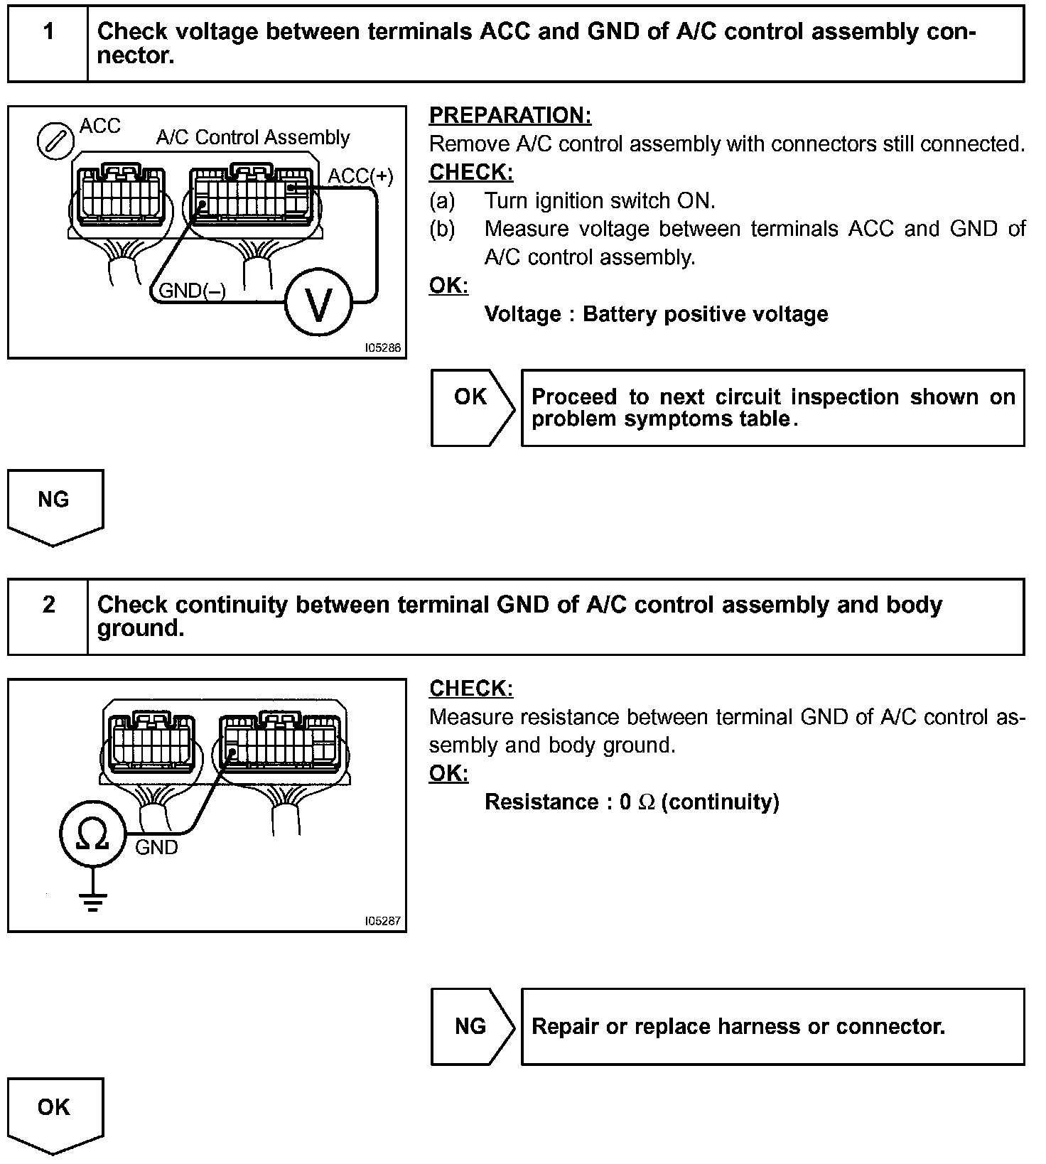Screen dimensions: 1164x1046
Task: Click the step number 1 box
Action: [x=48, y=44]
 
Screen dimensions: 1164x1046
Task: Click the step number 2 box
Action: [x=48, y=616]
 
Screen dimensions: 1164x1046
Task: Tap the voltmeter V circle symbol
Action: [x=318, y=304]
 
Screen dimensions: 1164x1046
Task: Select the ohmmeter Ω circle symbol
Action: [x=92, y=834]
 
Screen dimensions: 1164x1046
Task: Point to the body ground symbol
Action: [x=92, y=900]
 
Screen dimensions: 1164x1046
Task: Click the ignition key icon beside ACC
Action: [x=55, y=141]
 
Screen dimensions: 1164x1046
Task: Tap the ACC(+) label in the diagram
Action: [x=360, y=176]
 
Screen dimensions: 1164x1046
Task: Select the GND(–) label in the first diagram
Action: [x=192, y=290]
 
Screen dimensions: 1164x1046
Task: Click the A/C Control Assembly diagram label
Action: [x=253, y=137]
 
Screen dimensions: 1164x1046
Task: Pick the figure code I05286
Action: [x=383, y=348]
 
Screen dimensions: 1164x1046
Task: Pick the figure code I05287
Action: [x=383, y=921]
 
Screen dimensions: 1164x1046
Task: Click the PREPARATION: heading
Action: [x=510, y=115]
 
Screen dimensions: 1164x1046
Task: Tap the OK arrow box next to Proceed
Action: [x=470, y=407]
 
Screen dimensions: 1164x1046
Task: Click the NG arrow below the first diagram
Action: [x=55, y=505]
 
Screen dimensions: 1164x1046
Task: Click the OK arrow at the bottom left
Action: [x=55, y=1112]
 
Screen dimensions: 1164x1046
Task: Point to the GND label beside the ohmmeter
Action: [x=156, y=847]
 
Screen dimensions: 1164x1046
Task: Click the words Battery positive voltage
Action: [x=705, y=314]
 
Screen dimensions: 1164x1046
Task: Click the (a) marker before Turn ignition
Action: [x=442, y=201]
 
